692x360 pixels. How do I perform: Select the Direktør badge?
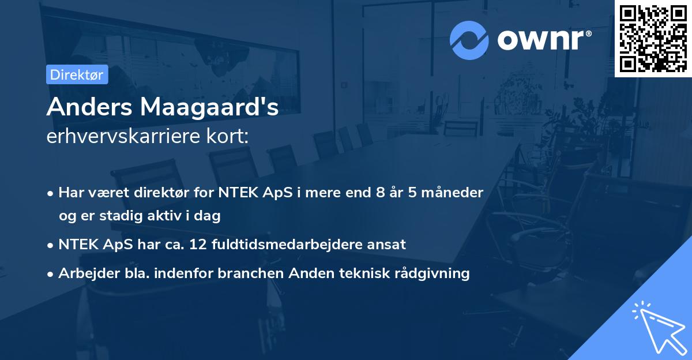point(77,74)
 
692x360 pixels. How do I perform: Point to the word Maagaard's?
point(207,107)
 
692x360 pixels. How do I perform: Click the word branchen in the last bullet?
point(245,273)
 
